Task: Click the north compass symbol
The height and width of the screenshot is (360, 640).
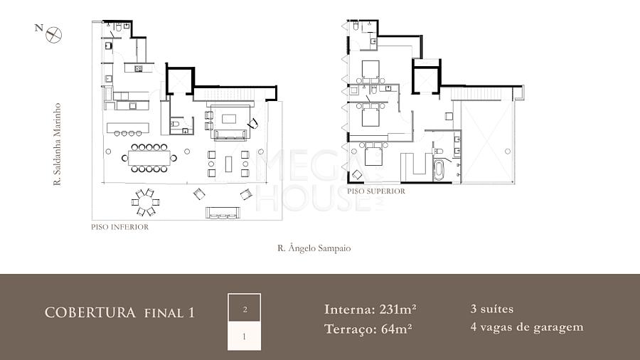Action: coord(53,35)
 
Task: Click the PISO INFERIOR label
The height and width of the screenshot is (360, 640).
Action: coord(120,227)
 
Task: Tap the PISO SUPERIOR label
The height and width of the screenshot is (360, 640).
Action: coord(376,191)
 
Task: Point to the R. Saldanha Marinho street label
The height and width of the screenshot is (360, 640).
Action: coord(57,144)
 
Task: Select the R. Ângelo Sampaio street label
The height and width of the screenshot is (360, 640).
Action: coord(314,248)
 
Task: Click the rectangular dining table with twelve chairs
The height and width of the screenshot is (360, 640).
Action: coord(149,158)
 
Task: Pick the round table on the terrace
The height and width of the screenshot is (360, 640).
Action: coord(146,202)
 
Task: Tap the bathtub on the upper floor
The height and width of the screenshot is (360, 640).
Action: coord(438,169)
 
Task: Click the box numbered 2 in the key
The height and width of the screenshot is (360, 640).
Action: coord(244,308)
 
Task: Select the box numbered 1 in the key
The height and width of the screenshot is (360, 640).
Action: coord(244,337)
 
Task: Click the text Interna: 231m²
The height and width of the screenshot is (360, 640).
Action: coord(370,309)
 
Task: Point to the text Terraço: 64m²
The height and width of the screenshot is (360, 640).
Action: coord(368,329)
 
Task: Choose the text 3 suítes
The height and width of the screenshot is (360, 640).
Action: coord(492,309)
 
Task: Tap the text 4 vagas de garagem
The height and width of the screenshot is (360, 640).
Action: coord(527,327)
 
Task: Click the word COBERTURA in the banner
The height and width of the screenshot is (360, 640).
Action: coord(90,312)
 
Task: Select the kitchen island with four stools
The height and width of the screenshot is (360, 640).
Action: coord(128,128)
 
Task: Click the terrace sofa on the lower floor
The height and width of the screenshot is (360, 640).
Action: coord(223,213)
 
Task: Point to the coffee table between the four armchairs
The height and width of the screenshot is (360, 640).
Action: coord(228,164)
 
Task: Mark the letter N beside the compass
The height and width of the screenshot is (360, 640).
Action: coord(39,28)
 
